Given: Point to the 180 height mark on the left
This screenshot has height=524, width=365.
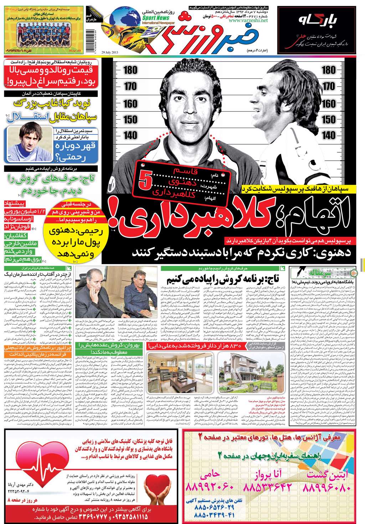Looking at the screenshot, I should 130,70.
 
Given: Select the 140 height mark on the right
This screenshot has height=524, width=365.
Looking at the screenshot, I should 328,135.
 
